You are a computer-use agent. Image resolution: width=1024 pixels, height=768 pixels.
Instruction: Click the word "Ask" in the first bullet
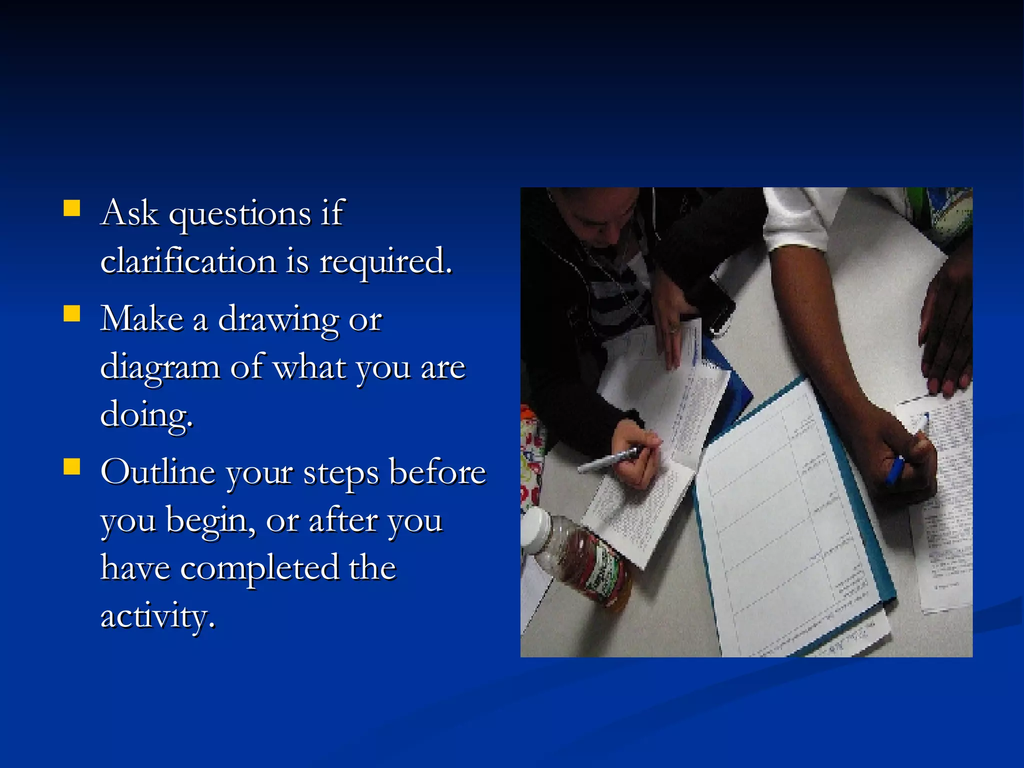(129, 213)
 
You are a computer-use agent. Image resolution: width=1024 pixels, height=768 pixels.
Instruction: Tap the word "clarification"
(188, 261)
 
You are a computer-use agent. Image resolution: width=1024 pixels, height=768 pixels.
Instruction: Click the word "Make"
(142, 318)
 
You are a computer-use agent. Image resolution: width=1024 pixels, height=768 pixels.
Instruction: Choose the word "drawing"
(278, 320)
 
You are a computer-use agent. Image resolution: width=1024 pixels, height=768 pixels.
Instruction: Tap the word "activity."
(158, 616)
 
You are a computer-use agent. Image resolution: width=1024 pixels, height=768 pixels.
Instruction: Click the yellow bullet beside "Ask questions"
(72, 208)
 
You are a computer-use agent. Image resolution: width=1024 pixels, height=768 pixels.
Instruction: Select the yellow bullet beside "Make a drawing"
(72, 313)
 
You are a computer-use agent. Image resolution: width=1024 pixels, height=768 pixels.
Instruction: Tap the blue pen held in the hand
(895, 470)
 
